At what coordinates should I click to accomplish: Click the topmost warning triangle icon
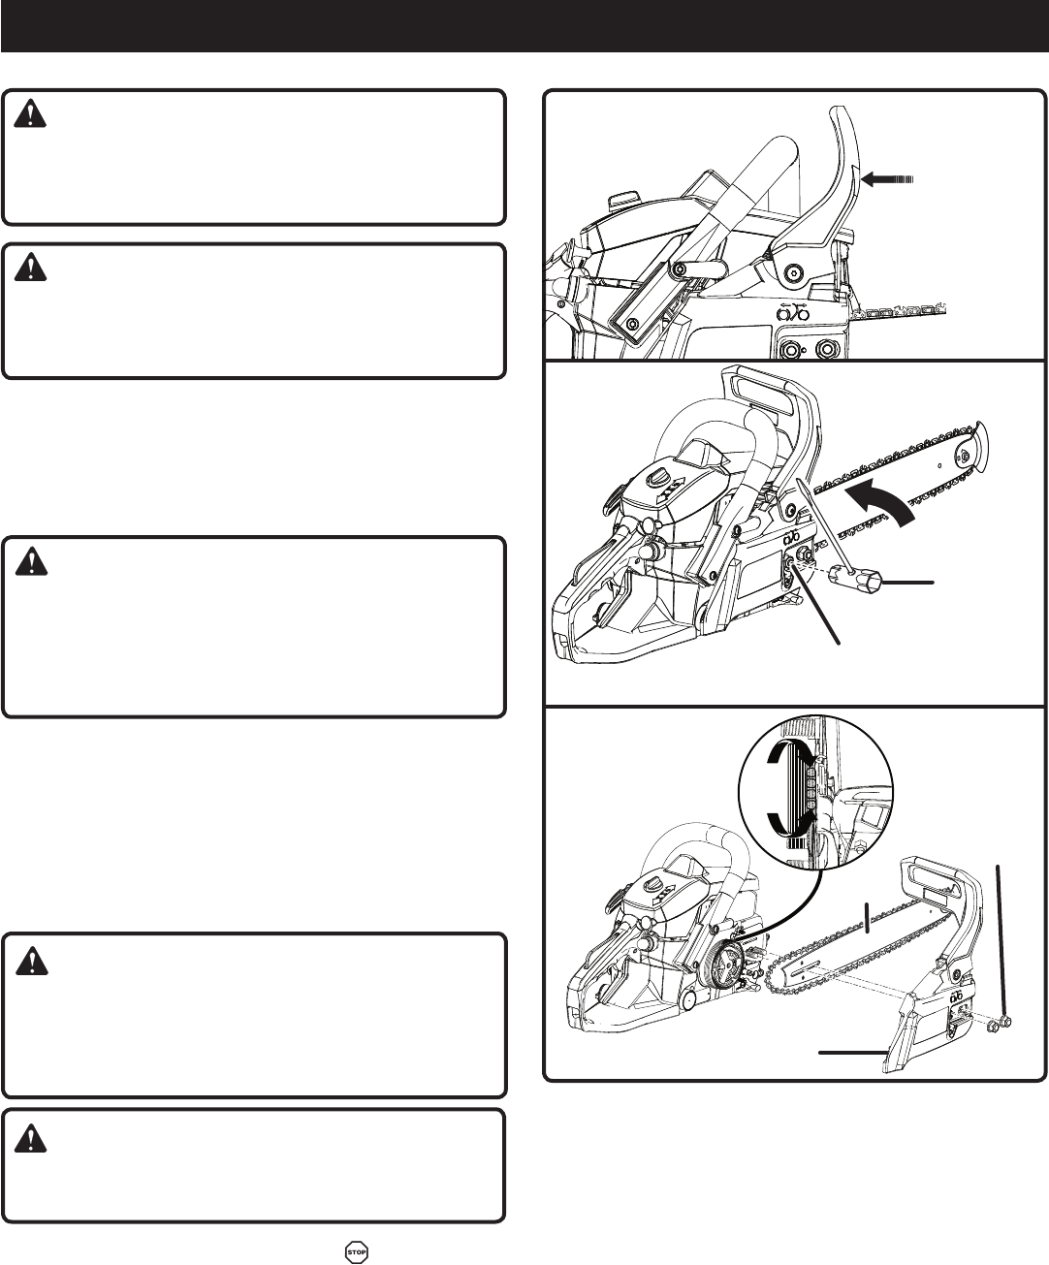coord(30,114)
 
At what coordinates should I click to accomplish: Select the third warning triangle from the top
coord(30,561)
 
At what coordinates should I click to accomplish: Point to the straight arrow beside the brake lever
coord(887,179)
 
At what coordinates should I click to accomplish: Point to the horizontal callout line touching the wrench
coord(907,583)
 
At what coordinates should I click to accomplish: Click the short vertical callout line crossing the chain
coord(869,919)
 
